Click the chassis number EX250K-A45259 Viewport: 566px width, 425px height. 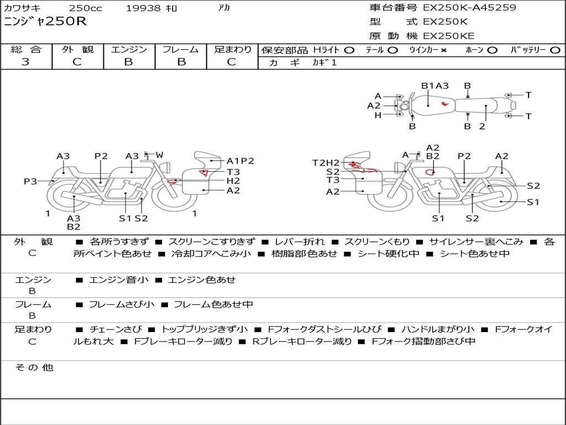click(x=469, y=8)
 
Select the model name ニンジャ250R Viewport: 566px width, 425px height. click(x=45, y=22)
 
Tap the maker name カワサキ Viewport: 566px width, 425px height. click(x=26, y=8)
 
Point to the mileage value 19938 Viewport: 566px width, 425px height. click(x=143, y=8)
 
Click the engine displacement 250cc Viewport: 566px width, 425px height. click(x=85, y=8)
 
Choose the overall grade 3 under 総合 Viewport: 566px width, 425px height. click(x=25, y=62)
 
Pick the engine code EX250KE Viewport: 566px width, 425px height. click(x=448, y=37)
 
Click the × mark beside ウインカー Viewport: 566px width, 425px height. click(x=443, y=50)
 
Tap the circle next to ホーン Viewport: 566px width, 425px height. click(x=492, y=50)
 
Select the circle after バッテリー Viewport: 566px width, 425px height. click(x=555, y=50)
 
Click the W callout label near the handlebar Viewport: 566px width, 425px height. click(x=159, y=154)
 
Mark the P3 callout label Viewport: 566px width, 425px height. click(x=30, y=181)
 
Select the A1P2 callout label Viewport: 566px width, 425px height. click(x=240, y=161)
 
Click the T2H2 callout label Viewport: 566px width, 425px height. click(x=326, y=162)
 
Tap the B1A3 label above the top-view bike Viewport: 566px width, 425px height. click(x=435, y=86)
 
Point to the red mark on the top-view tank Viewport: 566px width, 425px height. click(x=444, y=103)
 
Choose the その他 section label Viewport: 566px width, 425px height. click(x=34, y=367)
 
